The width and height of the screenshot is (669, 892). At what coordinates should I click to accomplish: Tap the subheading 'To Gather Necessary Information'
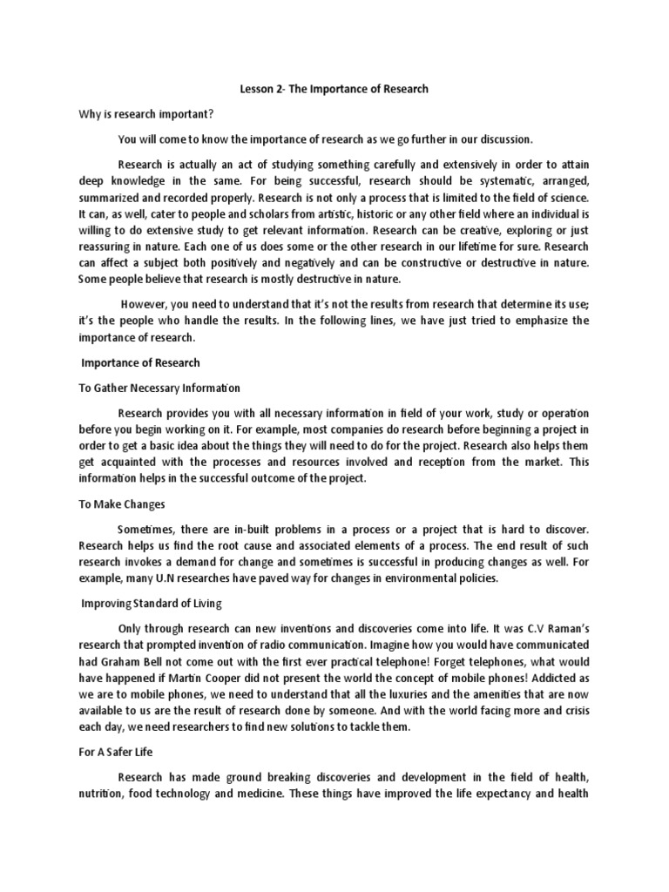click(x=159, y=387)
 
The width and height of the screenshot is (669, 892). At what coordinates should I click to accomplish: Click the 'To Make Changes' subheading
click(x=122, y=503)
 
